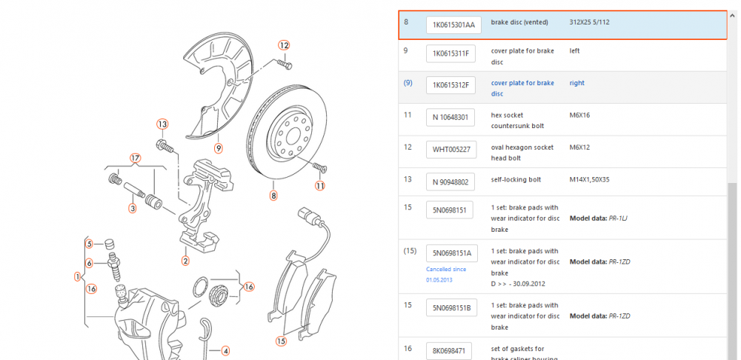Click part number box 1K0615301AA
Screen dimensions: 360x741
coord(453,25)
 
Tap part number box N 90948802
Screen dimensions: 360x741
coord(451,180)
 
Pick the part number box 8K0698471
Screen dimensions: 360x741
coord(451,350)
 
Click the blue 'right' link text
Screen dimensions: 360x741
coord(576,83)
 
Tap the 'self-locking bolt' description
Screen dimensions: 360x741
coord(516,179)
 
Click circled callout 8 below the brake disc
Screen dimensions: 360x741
coord(273,196)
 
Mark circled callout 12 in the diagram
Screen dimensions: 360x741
coord(284,45)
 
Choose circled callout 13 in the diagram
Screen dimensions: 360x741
coord(162,124)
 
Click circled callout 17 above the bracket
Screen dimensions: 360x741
coord(135,158)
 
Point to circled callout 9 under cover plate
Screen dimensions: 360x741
coord(219,148)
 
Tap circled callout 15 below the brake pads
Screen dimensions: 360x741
coord(281,341)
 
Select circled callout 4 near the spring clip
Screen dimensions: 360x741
coord(226,351)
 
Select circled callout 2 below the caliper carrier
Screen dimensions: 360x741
coord(185,260)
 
